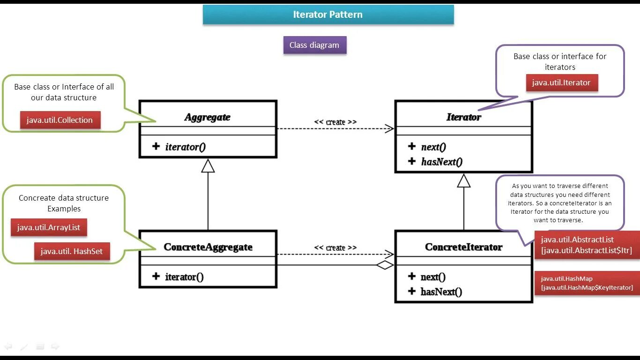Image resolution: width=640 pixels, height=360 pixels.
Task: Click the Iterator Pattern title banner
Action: (328, 15)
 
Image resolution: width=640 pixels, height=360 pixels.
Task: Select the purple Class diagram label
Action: (315, 45)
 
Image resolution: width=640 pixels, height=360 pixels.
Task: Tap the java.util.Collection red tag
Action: (60, 120)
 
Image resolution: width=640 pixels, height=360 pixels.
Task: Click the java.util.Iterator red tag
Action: (562, 82)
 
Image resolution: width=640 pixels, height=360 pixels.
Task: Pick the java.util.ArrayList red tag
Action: (49, 227)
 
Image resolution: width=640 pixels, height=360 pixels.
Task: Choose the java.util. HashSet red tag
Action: (72, 251)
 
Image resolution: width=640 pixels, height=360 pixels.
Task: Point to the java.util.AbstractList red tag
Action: (587, 245)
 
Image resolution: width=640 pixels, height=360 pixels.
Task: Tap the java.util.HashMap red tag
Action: (587, 283)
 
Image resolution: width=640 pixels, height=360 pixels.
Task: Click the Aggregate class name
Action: (208, 117)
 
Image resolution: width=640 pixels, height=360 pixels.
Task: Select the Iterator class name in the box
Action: (464, 117)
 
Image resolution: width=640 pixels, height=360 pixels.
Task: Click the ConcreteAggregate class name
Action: (208, 247)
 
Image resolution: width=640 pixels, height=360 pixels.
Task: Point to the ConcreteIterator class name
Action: (464, 247)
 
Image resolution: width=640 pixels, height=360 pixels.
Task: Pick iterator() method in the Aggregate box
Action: (186, 147)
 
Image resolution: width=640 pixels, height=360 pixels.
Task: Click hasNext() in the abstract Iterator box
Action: (442, 162)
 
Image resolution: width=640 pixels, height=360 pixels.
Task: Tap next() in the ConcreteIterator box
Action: (433, 277)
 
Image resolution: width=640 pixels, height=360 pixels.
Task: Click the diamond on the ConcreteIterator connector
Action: (385, 265)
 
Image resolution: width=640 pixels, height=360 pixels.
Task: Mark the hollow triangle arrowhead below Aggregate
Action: (208, 166)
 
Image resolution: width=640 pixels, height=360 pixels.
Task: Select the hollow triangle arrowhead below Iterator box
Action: (464, 181)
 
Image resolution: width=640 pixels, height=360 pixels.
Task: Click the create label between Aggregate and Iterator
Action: (335, 122)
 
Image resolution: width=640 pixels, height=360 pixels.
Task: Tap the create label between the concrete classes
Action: (335, 247)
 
